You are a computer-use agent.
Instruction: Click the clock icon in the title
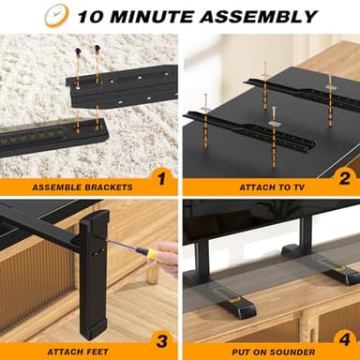click(x=57, y=15)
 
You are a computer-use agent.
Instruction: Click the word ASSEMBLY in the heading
click(x=263, y=16)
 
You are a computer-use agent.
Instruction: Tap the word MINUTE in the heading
click(x=166, y=16)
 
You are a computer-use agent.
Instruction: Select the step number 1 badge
click(x=160, y=176)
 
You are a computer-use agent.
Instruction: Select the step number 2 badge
click(x=343, y=176)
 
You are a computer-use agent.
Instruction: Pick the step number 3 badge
click(x=160, y=341)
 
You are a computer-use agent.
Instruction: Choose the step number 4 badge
click(x=343, y=341)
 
